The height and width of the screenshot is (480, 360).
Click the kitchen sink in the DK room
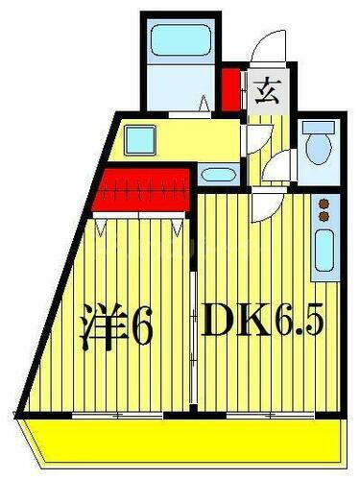(324, 252)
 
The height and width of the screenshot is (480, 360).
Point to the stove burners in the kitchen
(324, 206)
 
